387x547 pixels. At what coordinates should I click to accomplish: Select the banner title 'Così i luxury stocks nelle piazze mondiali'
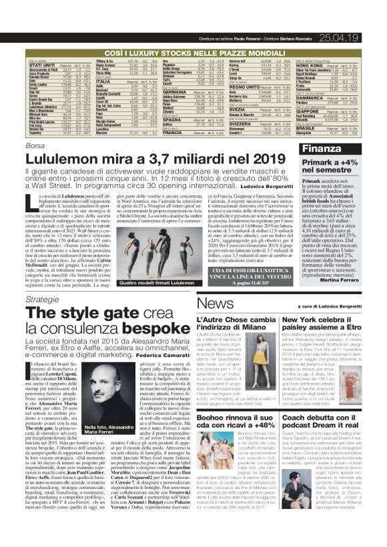tap(193, 31)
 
